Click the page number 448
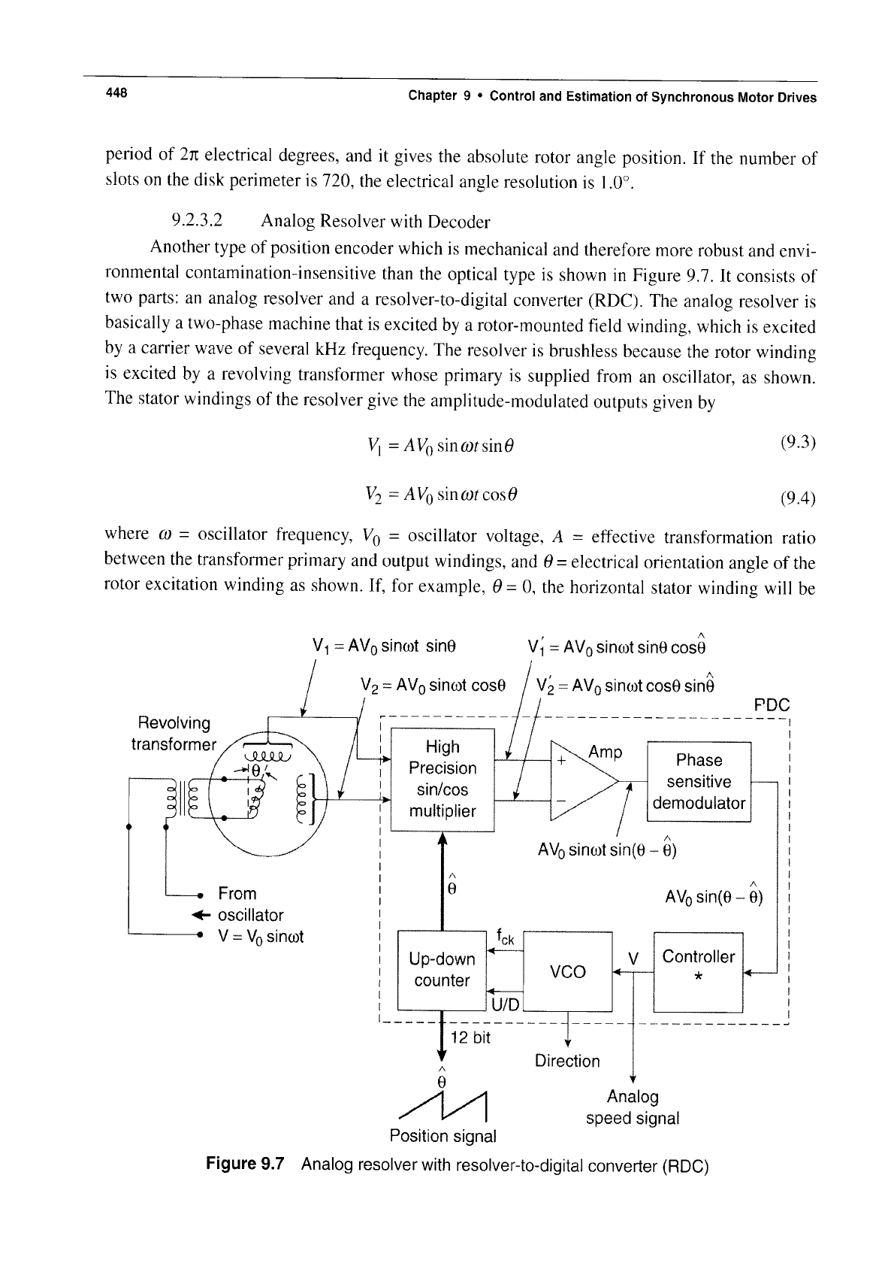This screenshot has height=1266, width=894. point(116,92)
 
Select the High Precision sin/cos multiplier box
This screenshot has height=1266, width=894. point(442,780)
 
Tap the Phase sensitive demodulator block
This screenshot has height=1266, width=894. point(699,781)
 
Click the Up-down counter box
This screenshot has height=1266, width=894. point(442,970)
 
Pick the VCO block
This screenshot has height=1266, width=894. point(567,971)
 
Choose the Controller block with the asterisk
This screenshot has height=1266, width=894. point(698,972)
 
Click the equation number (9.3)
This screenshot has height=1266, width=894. point(798,442)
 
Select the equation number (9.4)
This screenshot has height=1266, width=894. point(798,498)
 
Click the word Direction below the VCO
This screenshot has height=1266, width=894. point(567,1061)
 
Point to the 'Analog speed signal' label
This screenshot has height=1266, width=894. point(633,1107)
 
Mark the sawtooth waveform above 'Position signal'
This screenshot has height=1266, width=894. point(442,1107)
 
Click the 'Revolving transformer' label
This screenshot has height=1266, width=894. point(174,734)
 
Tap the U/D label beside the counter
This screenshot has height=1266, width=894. point(505,1004)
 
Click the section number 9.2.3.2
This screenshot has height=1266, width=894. point(197,220)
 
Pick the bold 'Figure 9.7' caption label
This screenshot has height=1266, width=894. point(245,1164)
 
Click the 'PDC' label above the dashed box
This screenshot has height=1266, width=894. point(772,704)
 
